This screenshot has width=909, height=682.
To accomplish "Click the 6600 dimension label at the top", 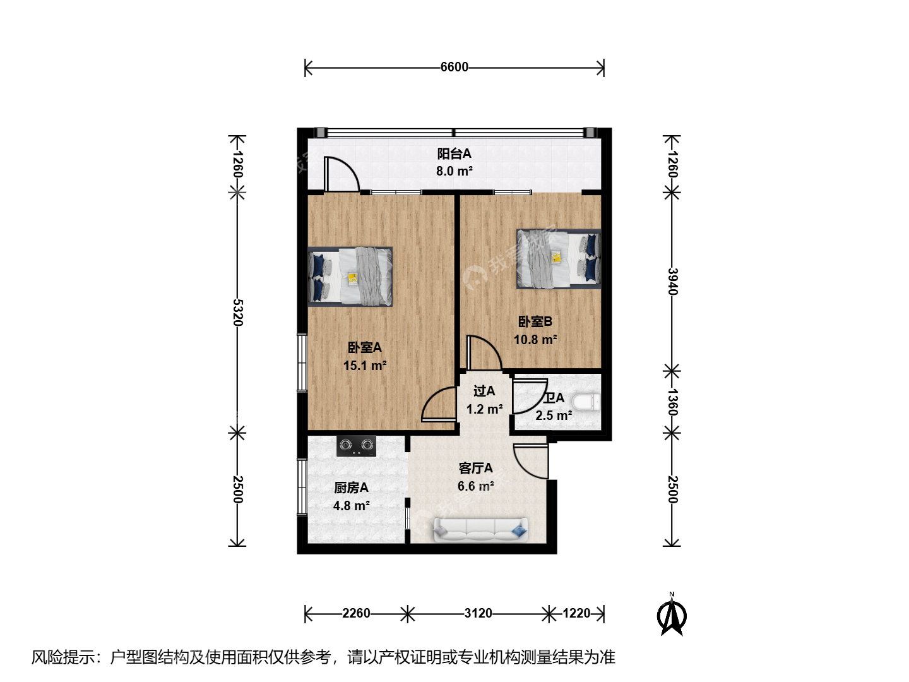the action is [x=454, y=67].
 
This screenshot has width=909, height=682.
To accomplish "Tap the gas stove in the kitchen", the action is [x=356, y=446].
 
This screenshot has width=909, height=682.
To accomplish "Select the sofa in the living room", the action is [x=480, y=530].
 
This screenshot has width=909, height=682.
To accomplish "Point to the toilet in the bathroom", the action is [x=586, y=403].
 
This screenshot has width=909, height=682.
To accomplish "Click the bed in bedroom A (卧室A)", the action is [x=350, y=277].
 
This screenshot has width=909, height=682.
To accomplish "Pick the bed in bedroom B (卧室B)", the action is [x=559, y=259].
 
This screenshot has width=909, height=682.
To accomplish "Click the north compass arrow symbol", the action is [x=671, y=614].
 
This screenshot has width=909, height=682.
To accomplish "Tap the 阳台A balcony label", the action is [x=454, y=153].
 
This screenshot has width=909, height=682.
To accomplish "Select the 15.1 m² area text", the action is [x=364, y=366].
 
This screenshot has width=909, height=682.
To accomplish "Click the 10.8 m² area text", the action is [x=535, y=340].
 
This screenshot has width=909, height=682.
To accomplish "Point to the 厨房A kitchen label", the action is [x=351, y=488].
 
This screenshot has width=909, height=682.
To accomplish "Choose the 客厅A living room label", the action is [x=475, y=469].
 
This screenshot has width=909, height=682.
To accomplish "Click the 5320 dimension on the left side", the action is [x=238, y=313].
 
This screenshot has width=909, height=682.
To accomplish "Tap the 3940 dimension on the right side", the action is [x=672, y=282].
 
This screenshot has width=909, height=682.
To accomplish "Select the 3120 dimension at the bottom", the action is [x=478, y=613].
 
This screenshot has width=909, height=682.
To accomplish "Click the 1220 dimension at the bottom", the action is [x=576, y=613].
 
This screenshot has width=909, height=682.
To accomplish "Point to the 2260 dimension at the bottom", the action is [x=356, y=613].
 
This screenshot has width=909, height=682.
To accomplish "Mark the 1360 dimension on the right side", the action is [x=672, y=402].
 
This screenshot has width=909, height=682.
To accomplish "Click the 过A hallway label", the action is [x=484, y=391].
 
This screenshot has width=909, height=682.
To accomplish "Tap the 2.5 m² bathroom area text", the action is [x=554, y=416].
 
